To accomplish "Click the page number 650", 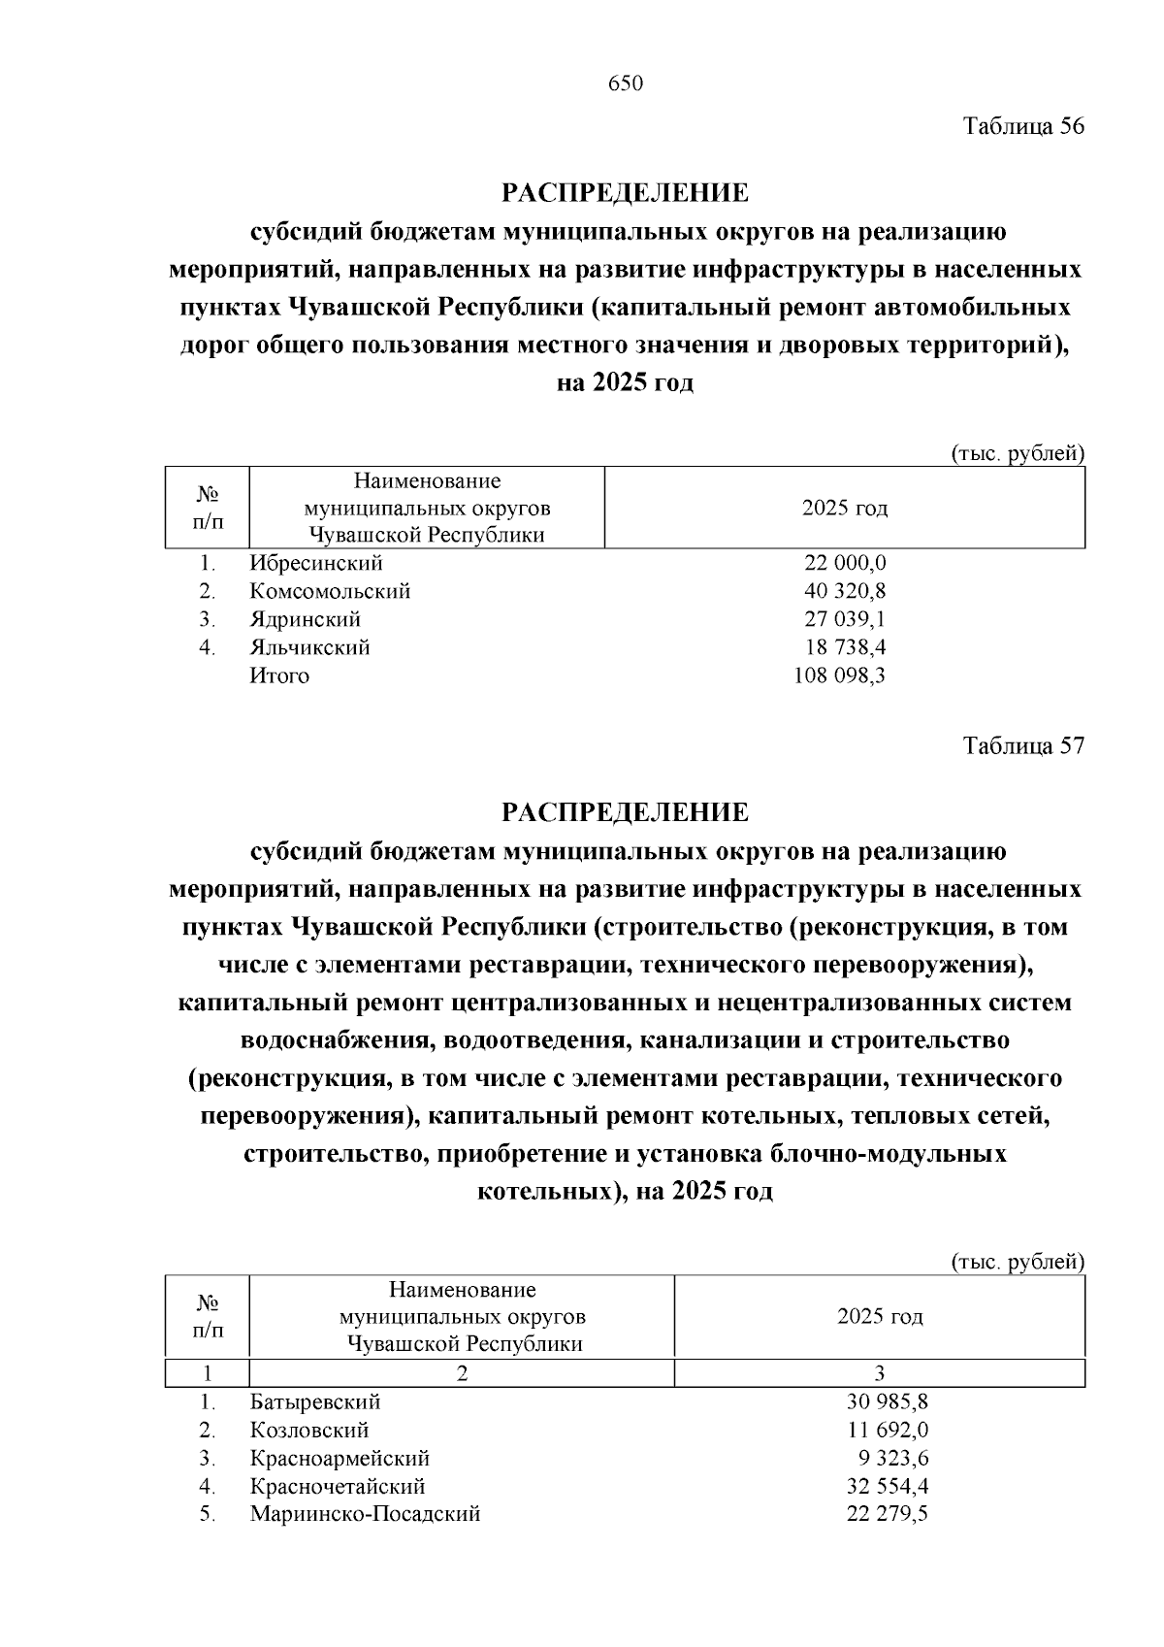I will click(x=626, y=84).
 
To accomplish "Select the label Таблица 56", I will click(x=1022, y=126).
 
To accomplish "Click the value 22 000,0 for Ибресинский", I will click(x=845, y=563).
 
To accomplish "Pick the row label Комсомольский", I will click(x=330, y=591).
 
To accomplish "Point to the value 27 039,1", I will click(x=845, y=619).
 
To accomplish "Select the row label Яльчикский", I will click(x=309, y=647).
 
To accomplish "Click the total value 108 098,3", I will click(x=839, y=675).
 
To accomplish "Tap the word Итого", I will click(x=279, y=675).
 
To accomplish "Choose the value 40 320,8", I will click(x=845, y=591).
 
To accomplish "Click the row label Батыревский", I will click(x=315, y=1402).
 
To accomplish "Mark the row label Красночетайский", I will click(x=338, y=1487).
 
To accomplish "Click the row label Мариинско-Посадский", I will click(x=365, y=1515).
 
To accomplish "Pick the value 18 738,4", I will click(x=845, y=647).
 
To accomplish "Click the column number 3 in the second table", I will click(x=880, y=1374).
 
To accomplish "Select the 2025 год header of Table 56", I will click(x=845, y=508).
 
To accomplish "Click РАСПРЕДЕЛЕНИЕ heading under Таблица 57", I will click(x=626, y=812).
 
